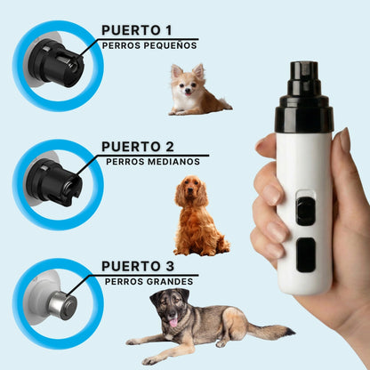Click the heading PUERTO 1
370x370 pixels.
click(137, 30)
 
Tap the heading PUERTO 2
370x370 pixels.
click(138, 147)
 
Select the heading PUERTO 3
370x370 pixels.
click(138, 266)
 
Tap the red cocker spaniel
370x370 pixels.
click(199, 216)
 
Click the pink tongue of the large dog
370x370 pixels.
click(173, 322)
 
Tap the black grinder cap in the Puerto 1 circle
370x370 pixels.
click(58, 64)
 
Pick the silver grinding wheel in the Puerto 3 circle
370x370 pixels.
click(62, 305)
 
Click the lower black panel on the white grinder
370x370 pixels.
click(306, 254)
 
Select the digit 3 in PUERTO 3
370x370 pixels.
click(170, 266)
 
